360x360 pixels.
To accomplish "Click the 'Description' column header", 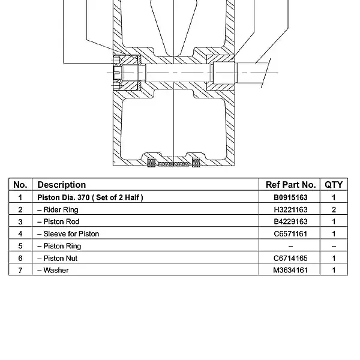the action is [62, 185].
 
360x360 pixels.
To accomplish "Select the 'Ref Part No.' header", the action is [290, 185].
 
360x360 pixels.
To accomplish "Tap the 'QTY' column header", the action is [334, 185].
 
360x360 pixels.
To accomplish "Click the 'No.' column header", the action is [20, 185].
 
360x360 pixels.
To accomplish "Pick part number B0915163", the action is [290, 197].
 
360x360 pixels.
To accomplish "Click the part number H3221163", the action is [290, 209].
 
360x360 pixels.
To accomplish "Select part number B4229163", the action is [290, 221].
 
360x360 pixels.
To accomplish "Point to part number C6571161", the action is [290, 234].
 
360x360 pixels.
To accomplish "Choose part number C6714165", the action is [290, 258].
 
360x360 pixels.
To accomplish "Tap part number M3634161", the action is [290, 270].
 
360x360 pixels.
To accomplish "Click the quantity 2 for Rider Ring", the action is [334, 209].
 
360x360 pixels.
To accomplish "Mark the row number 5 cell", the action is [20, 246].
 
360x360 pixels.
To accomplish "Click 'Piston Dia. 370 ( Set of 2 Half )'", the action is [90, 197].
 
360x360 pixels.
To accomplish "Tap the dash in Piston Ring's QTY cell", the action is [334, 247].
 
